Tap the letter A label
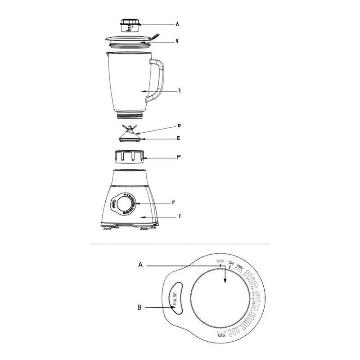tap(140, 265)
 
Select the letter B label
tap(139, 307)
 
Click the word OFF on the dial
tap(220, 261)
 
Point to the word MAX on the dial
tap(221, 336)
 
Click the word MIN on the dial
tap(240, 267)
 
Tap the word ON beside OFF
tap(231, 263)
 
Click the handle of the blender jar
tap(156, 80)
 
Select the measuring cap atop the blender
tap(130, 25)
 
